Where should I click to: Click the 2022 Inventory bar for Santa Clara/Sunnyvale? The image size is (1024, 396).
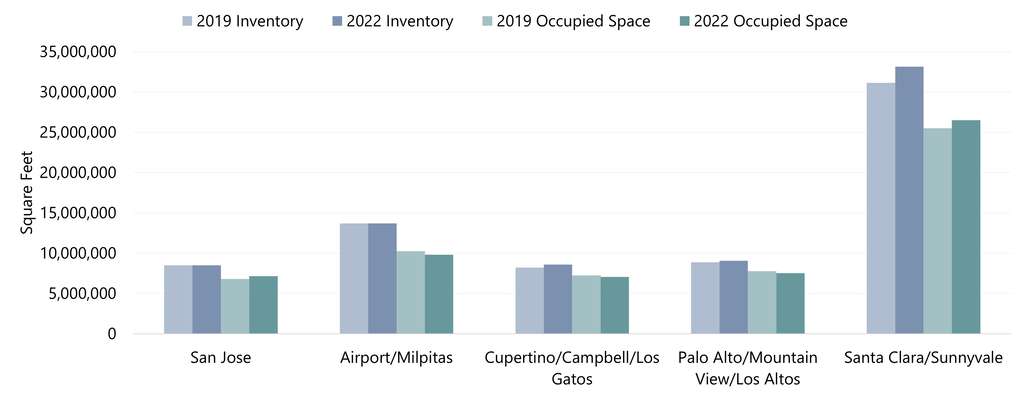pos(909,200)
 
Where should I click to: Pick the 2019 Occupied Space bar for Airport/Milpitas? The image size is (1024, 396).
pos(410,292)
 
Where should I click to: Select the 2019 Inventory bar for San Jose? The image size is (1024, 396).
pos(178,299)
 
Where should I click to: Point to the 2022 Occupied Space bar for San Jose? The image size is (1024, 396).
pos(263,305)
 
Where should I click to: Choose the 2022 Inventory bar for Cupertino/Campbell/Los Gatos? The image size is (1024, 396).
pos(558,299)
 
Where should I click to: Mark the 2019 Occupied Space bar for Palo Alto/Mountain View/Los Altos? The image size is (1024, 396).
pos(762,302)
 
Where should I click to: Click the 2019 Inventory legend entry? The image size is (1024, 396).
pos(243,21)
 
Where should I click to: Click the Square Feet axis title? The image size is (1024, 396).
pos(28,193)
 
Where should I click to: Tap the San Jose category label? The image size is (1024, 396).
pos(220,358)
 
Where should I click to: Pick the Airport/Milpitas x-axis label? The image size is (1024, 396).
pos(396,358)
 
